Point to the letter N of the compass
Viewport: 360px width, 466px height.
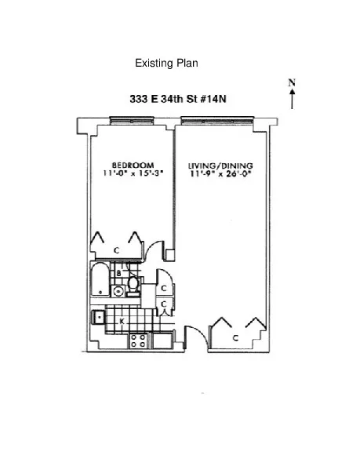point(292,82)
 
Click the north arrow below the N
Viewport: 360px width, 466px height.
point(292,97)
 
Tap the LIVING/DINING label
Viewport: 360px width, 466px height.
point(220,166)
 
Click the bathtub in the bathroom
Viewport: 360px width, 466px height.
point(100,281)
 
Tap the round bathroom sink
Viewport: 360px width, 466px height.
point(118,291)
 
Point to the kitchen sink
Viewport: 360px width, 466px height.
point(100,317)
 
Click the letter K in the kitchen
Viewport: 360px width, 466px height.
point(122,322)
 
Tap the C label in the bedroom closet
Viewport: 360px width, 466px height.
point(116,249)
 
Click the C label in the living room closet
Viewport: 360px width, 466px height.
point(236,337)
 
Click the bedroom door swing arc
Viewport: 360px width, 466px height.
point(157,251)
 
